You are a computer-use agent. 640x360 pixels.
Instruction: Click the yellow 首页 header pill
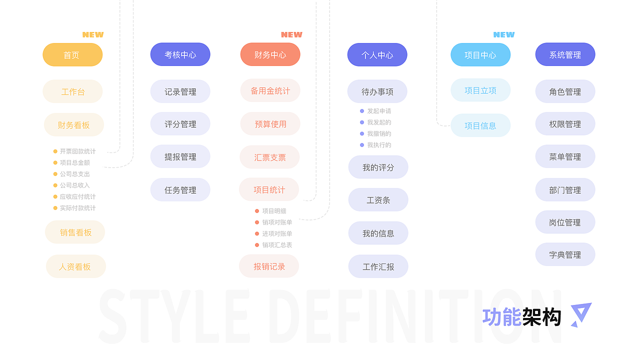tap(72, 54)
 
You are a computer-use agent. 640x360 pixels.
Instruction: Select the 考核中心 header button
tap(180, 54)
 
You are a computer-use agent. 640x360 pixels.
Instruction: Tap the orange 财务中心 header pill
tap(270, 54)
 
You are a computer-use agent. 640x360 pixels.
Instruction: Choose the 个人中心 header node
tap(377, 54)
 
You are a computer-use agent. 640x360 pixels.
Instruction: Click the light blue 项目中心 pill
tap(480, 54)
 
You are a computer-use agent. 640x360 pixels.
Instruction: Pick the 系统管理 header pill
tap(565, 54)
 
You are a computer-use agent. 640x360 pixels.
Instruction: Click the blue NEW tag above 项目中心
tap(504, 34)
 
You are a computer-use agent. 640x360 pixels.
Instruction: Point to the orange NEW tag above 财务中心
tap(291, 34)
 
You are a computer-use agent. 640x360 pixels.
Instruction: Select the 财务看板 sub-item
tap(73, 125)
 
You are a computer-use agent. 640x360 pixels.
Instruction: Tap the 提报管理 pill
tap(180, 156)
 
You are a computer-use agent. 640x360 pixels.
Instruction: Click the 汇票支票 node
tap(269, 157)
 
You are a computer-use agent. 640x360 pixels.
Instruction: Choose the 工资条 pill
tap(378, 199)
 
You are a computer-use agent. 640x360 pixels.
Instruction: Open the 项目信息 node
tap(480, 125)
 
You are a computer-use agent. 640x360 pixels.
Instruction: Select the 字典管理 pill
tap(565, 254)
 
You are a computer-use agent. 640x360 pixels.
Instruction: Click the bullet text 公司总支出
tap(75, 174)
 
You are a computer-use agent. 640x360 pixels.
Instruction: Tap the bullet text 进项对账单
tap(277, 233)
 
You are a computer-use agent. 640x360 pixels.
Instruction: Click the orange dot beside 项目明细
tap(257, 211)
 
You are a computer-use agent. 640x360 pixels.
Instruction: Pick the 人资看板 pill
tap(75, 266)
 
